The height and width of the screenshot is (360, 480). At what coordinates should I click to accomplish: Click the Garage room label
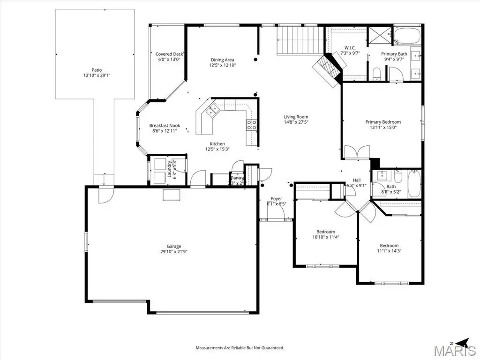(173, 246)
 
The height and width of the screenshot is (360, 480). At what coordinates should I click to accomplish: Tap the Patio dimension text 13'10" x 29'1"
(97, 75)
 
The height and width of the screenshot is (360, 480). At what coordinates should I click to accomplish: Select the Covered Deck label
(169, 54)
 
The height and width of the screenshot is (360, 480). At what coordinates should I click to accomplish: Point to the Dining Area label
(222, 60)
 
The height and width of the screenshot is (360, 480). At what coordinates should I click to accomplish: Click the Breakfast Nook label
(164, 125)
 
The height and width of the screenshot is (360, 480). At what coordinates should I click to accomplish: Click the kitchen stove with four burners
(252, 125)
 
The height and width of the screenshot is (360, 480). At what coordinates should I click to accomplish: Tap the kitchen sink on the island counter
(213, 111)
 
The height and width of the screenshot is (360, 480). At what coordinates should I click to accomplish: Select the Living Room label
(296, 117)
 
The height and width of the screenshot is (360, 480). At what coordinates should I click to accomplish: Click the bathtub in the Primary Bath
(407, 36)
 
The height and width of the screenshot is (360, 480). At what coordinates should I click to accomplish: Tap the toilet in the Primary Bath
(376, 73)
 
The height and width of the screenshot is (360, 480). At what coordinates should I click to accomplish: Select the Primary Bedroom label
(383, 122)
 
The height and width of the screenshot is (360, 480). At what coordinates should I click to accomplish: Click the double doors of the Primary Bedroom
(357, 152)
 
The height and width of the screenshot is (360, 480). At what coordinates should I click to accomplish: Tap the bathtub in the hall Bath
(414, 184)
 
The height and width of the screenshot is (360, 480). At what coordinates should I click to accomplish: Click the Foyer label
(277, 199)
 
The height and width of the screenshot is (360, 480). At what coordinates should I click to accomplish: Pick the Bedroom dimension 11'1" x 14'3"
(389, 251)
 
